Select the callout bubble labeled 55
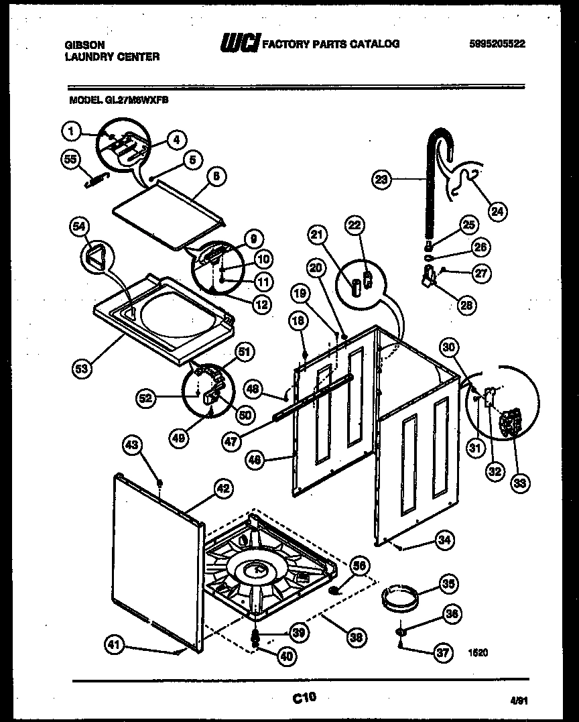pyautogui.click(x=70, y=160)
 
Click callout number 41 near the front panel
pyautogui.click(x=115, y=646)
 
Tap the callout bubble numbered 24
pyautogui.click(x=497, y=212)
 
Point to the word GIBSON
pyautogui.click(x=84, y=44)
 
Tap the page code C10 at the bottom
pyautogui.click(x=304, y=699)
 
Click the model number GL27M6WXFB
pyautogui.click(x=137, y=99)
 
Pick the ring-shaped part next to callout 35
pyautogui.click(x=401, y=595)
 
